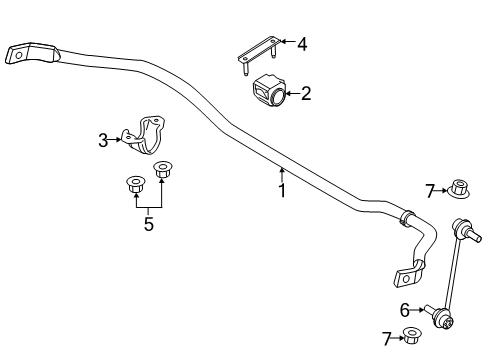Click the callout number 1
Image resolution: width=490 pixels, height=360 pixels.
(282, 190)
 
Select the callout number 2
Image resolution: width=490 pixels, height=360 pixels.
(306, 93)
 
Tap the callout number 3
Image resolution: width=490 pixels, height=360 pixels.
(103, 140)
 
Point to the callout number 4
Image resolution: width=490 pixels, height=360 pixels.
(302, 44)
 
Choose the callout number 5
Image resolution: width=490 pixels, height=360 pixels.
(149, 224)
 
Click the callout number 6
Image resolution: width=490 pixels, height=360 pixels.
(405, 310)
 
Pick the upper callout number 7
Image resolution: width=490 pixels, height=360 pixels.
(430, 191)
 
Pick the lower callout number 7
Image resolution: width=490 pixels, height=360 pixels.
(387, 339)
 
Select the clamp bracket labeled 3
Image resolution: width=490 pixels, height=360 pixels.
(144, 136)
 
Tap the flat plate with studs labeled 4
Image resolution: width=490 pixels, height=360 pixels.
(259, 55)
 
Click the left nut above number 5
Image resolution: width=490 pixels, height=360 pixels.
(136, 184)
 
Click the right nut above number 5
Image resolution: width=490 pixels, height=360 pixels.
(162, 169)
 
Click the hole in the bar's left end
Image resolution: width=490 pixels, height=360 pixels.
(19, 55)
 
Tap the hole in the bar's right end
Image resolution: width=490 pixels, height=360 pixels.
(406, 279)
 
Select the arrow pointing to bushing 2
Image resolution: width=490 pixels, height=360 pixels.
(292, 94)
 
